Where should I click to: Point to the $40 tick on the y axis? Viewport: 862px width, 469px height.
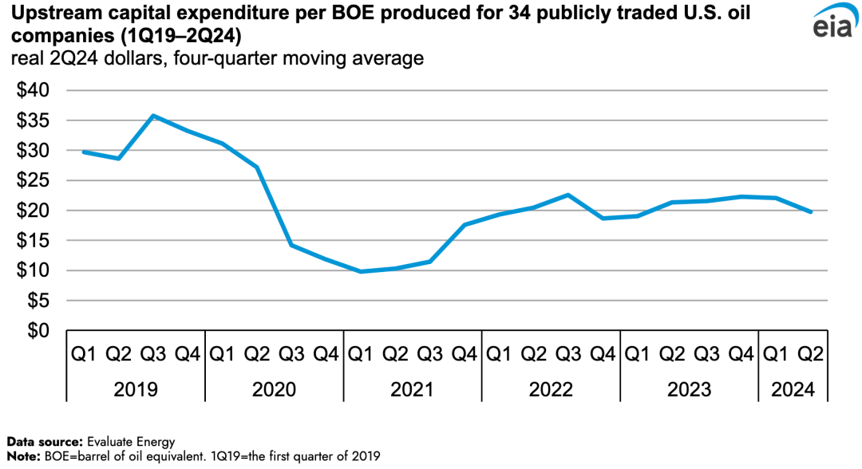pyautogui.click(x=34, y=90)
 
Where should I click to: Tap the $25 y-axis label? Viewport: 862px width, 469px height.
pyautogui.click(x=34, y=180)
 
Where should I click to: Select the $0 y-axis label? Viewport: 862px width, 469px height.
pyautogui.click(x=39, y=330)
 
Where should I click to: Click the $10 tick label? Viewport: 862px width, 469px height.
pyautogui.click(x=34, y=270)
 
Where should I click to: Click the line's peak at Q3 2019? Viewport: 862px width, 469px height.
pyautogui.click(x=153, y=116)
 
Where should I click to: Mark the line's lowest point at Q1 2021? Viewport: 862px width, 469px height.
pyautogui.click(x=361, y=271)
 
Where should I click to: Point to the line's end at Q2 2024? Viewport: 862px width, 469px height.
pyautogui.click(x=812, y=212)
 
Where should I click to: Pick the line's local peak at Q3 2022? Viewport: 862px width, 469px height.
pyautogui.click(x=567, y=195)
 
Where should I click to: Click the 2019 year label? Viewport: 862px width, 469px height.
pyautogui.click(x=136, y=390)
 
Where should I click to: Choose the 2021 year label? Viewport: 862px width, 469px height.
pyautogui.click(x=412, y=390)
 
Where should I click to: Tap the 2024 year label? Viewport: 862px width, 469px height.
pyautogui.click(x=793, y=390)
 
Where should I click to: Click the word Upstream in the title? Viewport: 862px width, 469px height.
pyautogui.click(x=49, y=15)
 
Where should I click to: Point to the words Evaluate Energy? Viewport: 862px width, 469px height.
pyautogui.click(x=132, y=441)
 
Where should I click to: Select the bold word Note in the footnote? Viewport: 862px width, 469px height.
pyautogui.click(x=22, y=456)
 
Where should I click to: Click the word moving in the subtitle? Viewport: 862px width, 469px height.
pyautogui.click(x=299, y=59)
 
